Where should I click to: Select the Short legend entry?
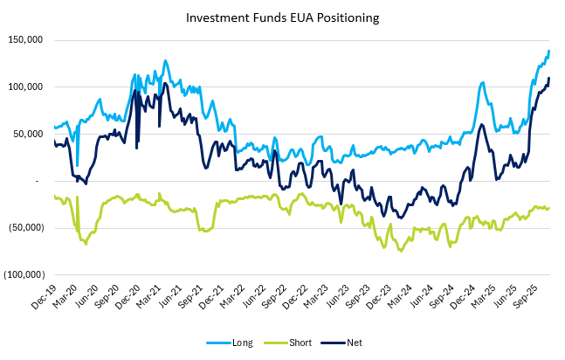click(294, 343)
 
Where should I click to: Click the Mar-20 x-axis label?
click(64, 294)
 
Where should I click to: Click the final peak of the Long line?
click(548, 52)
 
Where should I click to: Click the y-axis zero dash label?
click(38, 181)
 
